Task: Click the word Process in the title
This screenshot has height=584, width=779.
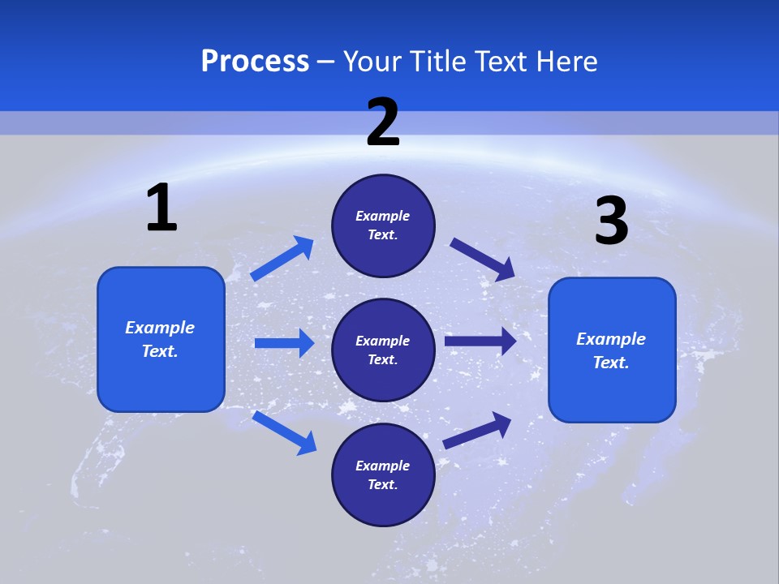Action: pyautogui.click(x=255, y=62)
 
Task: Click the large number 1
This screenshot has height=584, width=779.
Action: pyautogui.click(x=161, y=208)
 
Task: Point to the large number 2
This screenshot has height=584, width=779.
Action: pyautogui.click(x=383, y=123)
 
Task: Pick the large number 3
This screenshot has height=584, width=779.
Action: pyautogui.click(x=611, y=221)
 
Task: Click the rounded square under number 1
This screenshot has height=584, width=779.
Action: pyautogui.click(x=161, y=339)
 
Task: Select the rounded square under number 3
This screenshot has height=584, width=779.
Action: pyautogui.click(x=612, y=350)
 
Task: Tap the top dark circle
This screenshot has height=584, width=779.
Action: pyautogui.click(x=383, y=225)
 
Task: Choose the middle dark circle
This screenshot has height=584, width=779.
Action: pyautogui.click(x=383, y=350)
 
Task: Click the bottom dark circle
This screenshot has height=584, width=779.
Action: pyautogui.click(x=383, y=475)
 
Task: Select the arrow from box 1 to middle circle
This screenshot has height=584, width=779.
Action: pyautogui.click(x=284, y=343)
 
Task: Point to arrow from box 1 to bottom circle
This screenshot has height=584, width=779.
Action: pyautogui.click(x=284, y=432)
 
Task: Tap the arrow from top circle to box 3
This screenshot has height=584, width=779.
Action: pyautogui.click(x=482, y=260)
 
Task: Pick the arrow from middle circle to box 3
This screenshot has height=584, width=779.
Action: pyautogui.click(x=480, y=341)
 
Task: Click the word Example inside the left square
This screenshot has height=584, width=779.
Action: pyautogui.click(x=160, y=328)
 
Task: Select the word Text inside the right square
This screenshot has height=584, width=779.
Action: pyautogui.click(x=611, y=363)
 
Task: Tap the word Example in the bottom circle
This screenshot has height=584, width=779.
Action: pyautogui.click(x=383, y=466)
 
